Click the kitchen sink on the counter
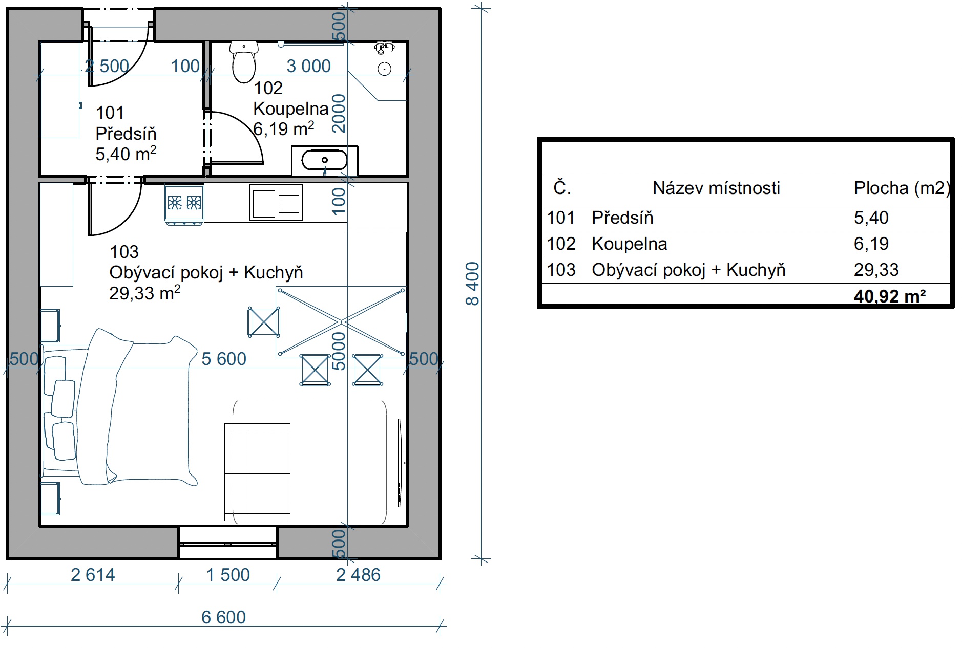[276, 202]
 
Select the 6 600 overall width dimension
[223, 617]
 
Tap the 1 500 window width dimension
[228, 575]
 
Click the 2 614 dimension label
[93, 575]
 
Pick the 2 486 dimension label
[358, 575]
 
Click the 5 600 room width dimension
[224, 359]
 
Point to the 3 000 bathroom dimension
[308, 66]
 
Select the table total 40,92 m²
[890, 296]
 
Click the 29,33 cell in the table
[876, 270]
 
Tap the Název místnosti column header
[716, 188]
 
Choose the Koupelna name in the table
[629, 244]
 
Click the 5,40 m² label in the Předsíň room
[126, 154]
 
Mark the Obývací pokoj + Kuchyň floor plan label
[206, 272]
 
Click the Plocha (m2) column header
[902, 188]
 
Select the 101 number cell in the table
[561, 218]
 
